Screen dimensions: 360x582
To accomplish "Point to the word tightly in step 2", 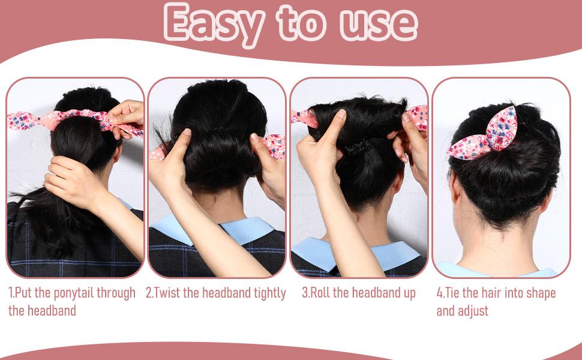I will [x=265, y=293].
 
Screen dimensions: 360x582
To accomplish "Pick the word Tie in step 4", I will [x=454, y=293].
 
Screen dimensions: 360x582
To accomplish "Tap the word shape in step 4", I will [x=539, y=293].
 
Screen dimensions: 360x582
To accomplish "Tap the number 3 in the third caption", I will [x=305, y=293].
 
